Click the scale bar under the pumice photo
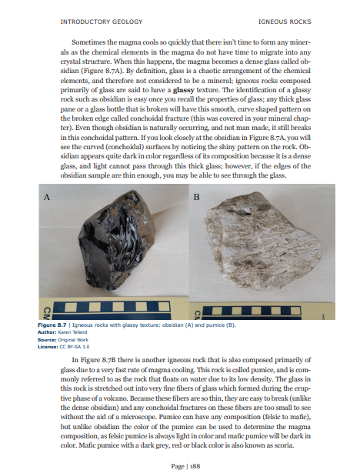tap(262, 312)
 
